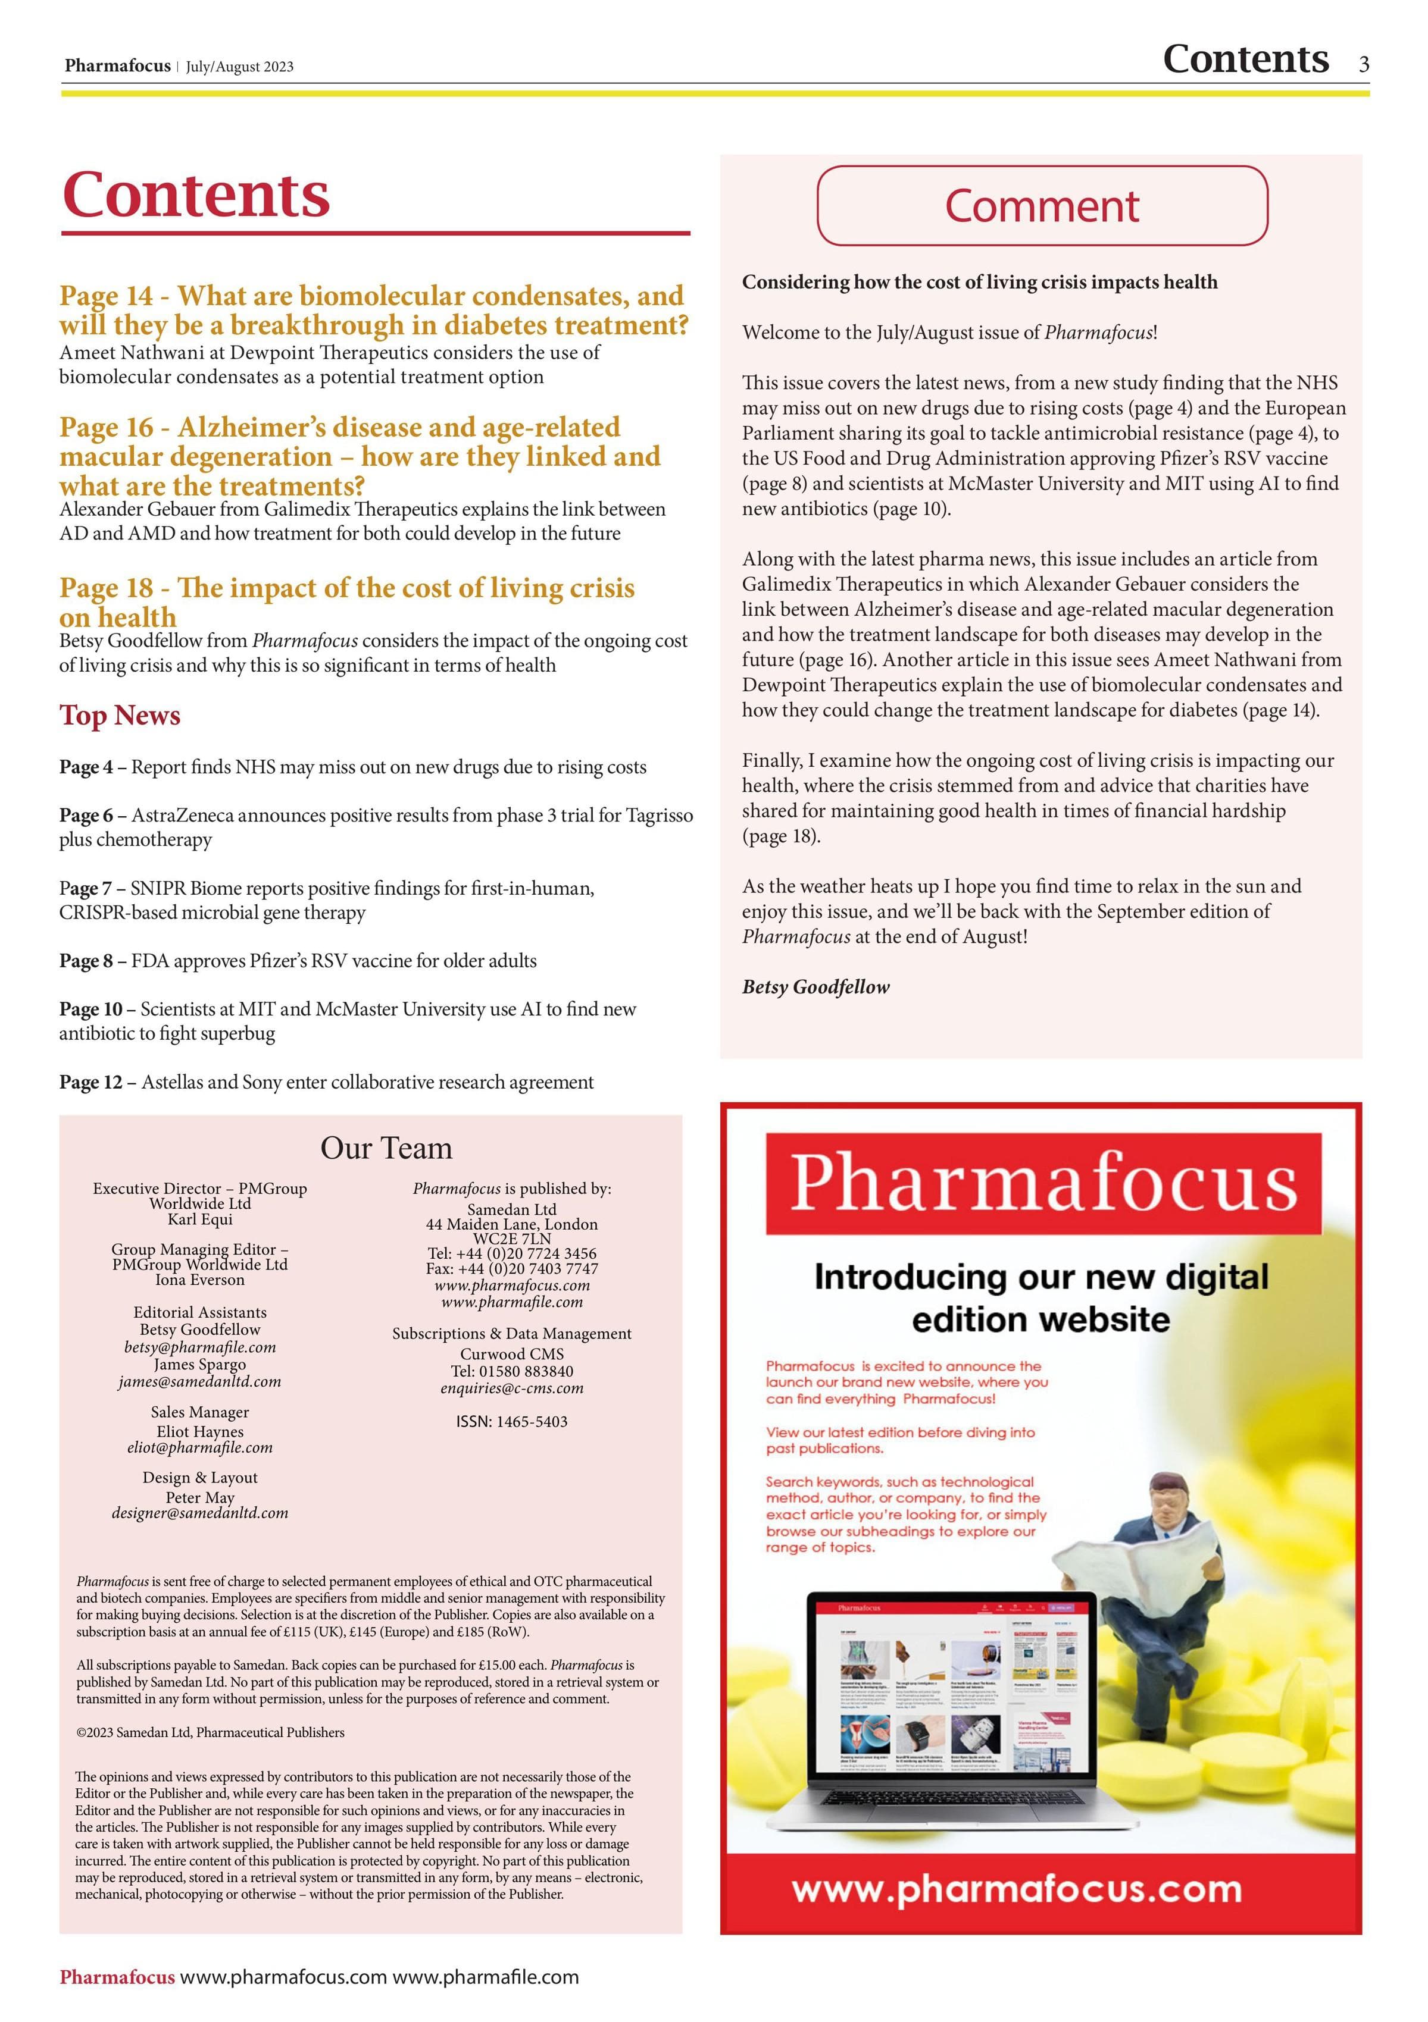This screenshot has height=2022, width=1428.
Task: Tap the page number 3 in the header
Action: pyautogui.click(x=1364, y=64)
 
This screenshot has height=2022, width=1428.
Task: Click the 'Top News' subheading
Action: pyautogui.click(x=120, y=715)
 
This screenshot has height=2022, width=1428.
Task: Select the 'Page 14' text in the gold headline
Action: pyautogui.click(x=106, y=296)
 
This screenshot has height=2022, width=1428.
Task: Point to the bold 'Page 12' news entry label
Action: pyautogui.click(x=90, y=1082)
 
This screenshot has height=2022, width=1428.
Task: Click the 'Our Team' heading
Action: pyautogui.click(x=386, y=1148)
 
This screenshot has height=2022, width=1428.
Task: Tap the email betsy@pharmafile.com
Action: pyautogui.click(x=200, y=1347)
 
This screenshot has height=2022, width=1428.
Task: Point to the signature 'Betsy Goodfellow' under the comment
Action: pyautogui.click(x=815, y=988)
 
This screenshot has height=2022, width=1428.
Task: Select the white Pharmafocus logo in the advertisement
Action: pyautogui.click(x=1043, y=1182)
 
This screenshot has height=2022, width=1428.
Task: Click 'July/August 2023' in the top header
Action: pyautogui.click(x=240, y=67)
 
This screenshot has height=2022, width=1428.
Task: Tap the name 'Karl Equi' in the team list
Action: pyautogui.click(x=200, y=1220)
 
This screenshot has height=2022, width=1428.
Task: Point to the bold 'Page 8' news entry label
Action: pyautogui.click(x=86, y=961)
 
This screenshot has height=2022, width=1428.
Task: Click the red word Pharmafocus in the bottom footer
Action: pyautogui.click(x=117, y=1977)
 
